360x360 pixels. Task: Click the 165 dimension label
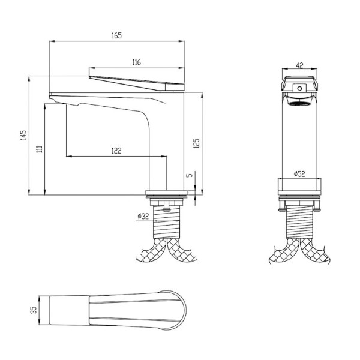coord(116,35)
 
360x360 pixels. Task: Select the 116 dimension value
coord(137,62)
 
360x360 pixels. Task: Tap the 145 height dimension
coord(23,135)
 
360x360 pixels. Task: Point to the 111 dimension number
coord(40,149)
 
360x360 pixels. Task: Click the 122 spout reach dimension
coord(116,151)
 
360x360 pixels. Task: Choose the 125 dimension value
coord(197,143)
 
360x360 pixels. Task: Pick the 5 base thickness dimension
coord(190,175)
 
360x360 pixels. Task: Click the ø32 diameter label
coord(143,216)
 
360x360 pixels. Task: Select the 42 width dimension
coord(299,65)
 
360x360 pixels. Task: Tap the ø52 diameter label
coord(299,174)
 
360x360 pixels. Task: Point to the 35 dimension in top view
coord(34,310)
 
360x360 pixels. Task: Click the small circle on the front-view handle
coord(299,88)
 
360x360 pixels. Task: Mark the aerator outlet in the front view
coord(299,103)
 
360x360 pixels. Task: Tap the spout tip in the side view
coord(52,96)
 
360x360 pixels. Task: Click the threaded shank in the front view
coord(299,222)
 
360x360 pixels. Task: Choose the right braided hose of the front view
coord(315,252)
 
